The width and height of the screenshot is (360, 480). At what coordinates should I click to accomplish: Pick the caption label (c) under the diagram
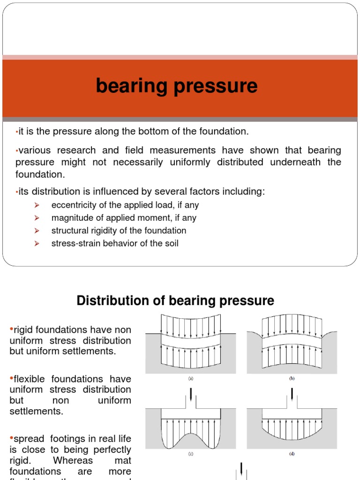[190, 454]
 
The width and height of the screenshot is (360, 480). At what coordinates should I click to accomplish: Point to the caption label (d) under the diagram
[291, 454]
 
